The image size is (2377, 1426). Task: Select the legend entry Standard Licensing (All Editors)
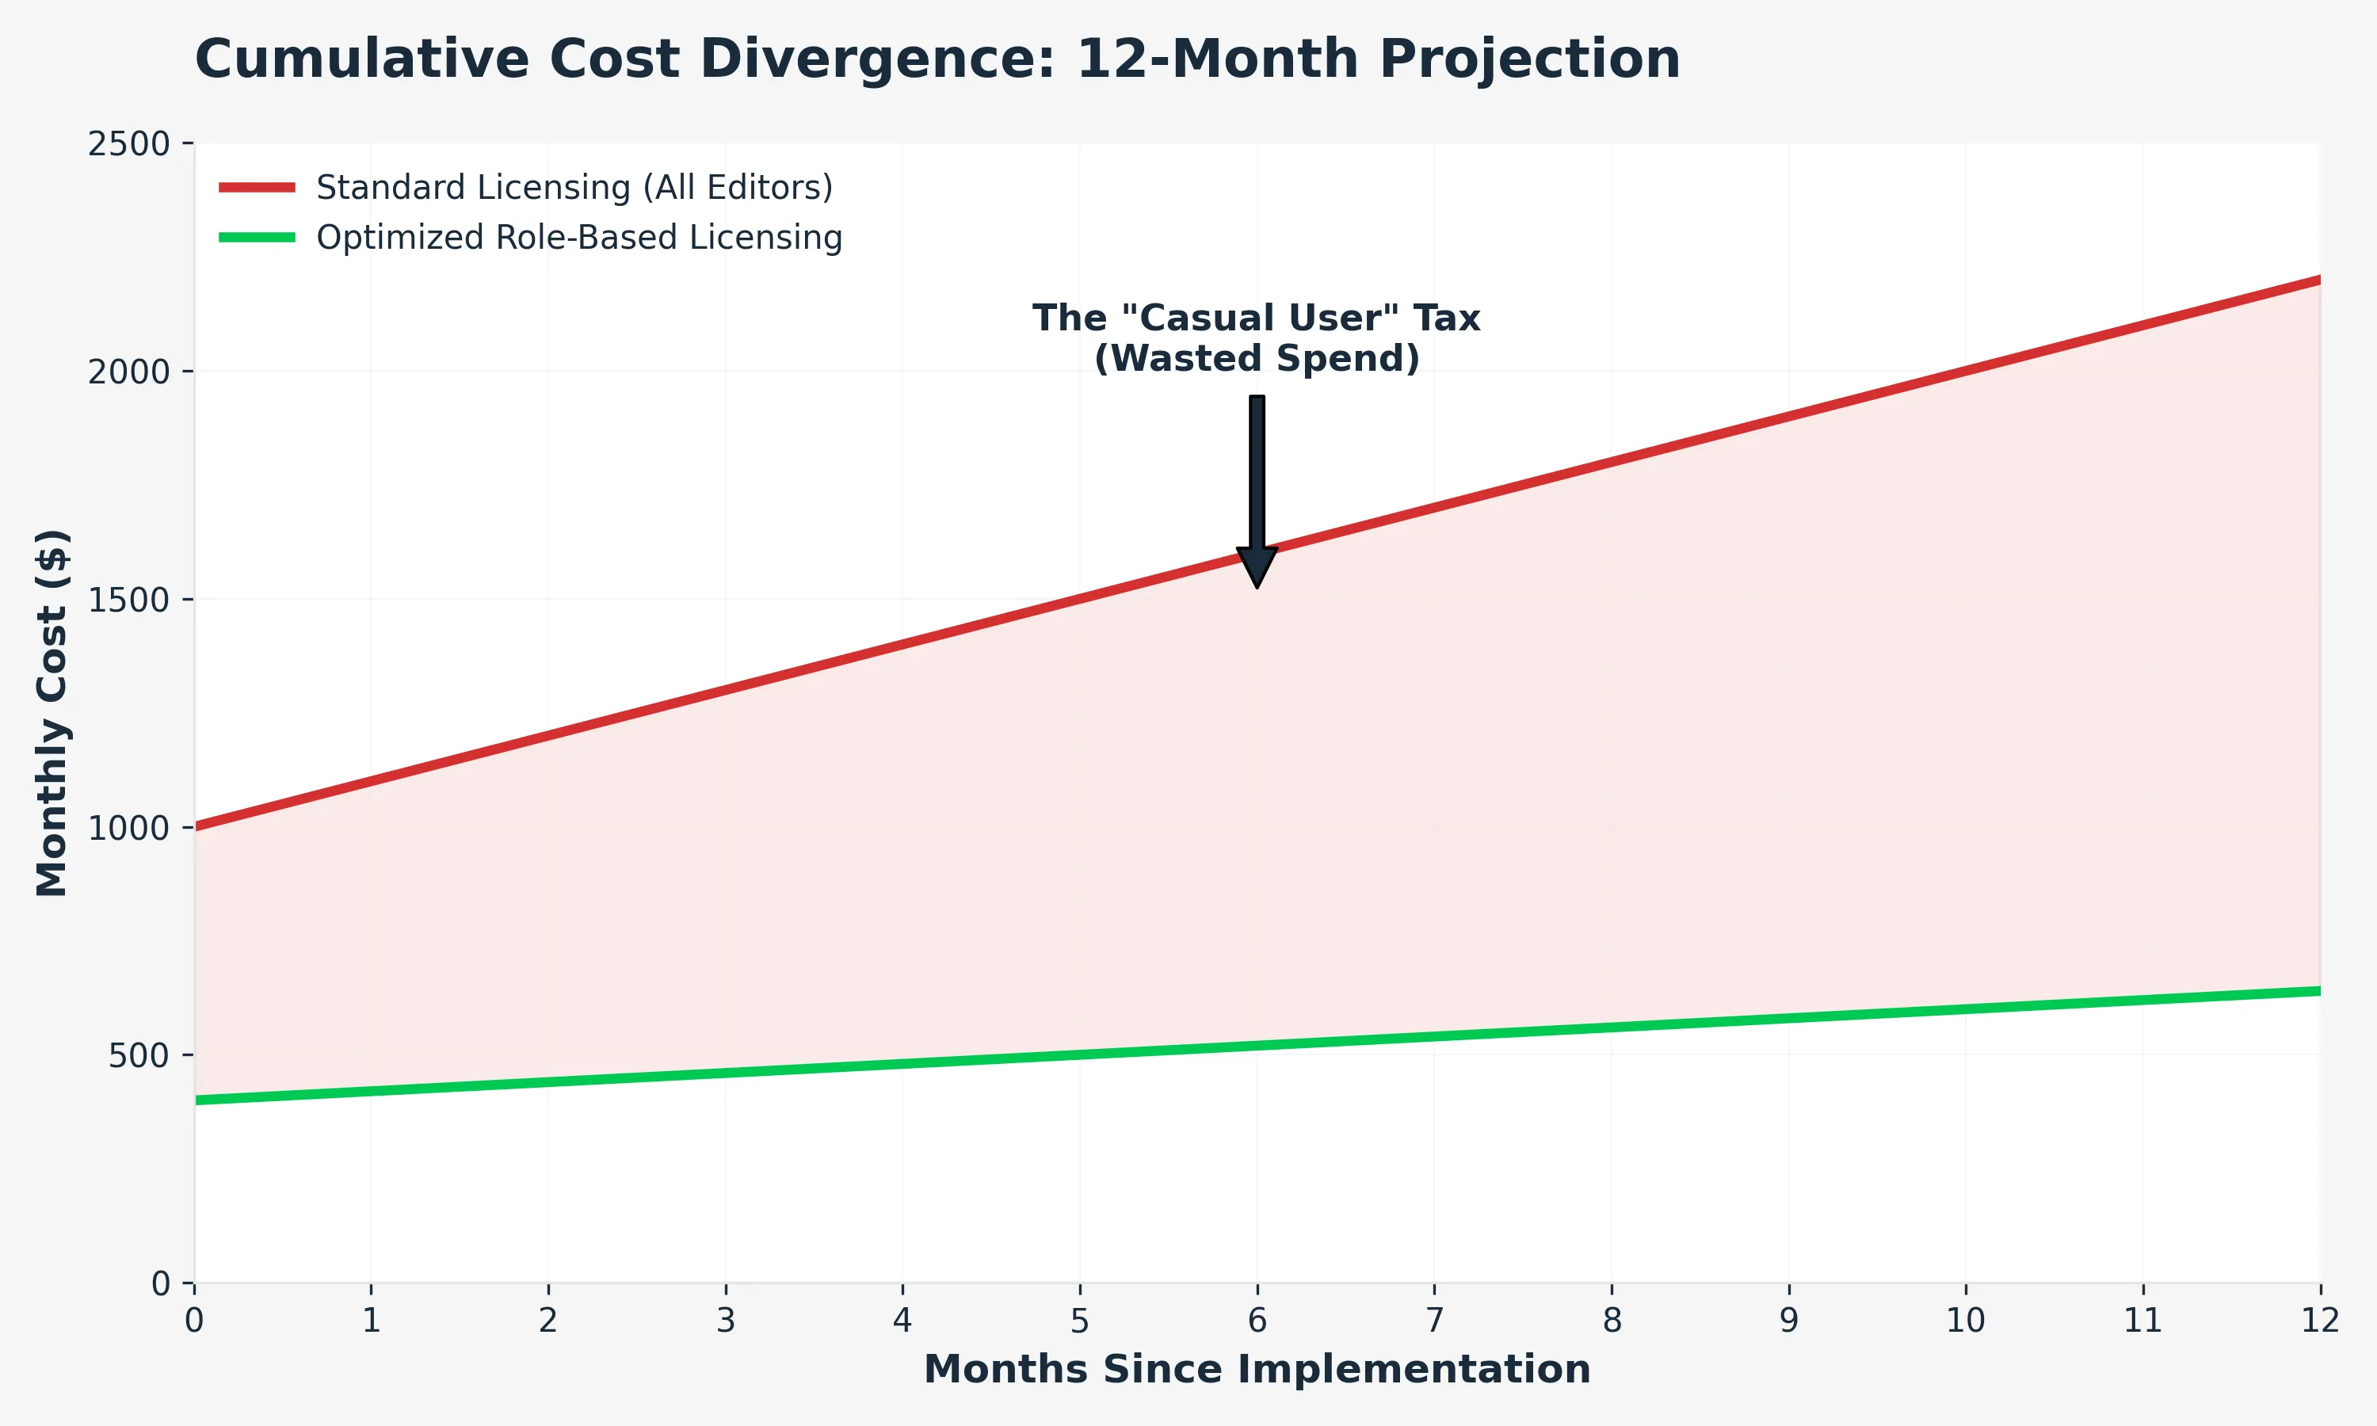click(574, 188)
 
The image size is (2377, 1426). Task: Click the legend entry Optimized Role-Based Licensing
click(578, 238)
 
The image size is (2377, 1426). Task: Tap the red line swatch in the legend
click(257, 188)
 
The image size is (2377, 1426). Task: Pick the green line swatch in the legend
click(257, 238)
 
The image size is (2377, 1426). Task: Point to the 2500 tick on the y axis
click(128, 144)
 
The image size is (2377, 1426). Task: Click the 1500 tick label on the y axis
click(128, 600)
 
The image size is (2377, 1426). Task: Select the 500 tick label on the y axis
click(139, 1055)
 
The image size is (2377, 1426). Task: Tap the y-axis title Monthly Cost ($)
click(52, 712)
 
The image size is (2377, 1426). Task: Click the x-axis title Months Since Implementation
click(1257, 1369)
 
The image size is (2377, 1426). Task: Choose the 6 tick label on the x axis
click(1257, 1321)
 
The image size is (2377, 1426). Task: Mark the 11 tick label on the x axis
click(2142, 1321)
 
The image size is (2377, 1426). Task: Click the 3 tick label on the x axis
click(726, 1321)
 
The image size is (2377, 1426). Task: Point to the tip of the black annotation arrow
click(1257, 585)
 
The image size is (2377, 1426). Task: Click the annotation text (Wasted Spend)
click(1257, 358)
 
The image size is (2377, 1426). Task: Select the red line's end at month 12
click(2318, 280)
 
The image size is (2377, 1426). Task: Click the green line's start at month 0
click(196, 1100)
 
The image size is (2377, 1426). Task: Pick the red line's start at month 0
click(196, 826)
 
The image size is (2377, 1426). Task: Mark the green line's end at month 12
click(2318, 991)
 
